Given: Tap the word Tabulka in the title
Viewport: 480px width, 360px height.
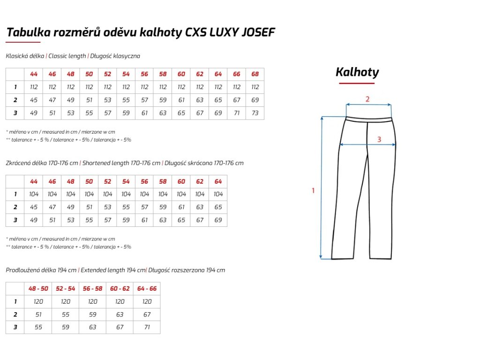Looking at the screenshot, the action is [25, 32].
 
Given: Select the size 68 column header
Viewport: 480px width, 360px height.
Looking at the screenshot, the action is [255, 75].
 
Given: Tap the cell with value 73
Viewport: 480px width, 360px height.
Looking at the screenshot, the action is [255, 113].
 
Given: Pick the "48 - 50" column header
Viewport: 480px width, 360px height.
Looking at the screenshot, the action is [38, 289].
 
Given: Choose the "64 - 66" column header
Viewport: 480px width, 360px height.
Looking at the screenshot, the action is [147, 289].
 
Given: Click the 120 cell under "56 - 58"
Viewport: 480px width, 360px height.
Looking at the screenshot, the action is [93, 302].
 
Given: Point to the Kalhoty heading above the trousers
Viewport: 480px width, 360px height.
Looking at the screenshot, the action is [357, 72].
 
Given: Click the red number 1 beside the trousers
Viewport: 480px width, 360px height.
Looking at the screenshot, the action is [313, 191].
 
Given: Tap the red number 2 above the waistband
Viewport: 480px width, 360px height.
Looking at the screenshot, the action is [367, 99].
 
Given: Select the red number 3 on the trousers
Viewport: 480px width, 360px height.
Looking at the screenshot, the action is [379, 139].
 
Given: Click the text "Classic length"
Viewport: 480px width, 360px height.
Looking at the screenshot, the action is [67, 56].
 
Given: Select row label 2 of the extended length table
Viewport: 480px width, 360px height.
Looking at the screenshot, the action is [15, 315].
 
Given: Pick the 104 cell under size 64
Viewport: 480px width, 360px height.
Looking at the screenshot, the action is [218, 194].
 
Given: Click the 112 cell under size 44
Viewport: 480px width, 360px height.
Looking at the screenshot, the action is [34, 87].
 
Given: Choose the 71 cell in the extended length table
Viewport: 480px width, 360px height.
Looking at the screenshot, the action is [147, 327].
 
